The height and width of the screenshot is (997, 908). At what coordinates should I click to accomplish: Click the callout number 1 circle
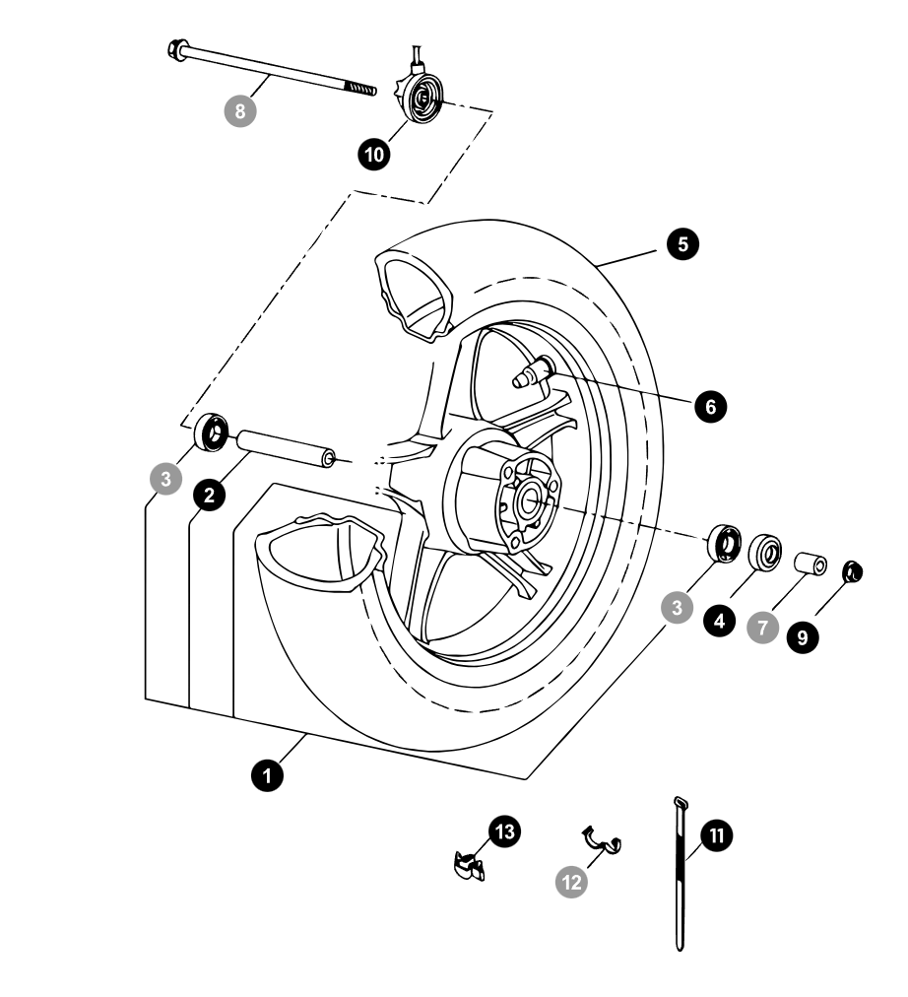(x=266, y=775)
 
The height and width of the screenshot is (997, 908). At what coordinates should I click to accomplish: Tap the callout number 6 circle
(x=709, y=405)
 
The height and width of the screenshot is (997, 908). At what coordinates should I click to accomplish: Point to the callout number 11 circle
(x=717, y=835)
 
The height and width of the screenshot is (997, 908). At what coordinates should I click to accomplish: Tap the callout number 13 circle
(x=504, y=832)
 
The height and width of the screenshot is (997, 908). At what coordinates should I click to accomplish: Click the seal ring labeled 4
(x=767, y=553)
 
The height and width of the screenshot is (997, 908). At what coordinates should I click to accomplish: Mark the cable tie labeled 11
(x=680, y=877)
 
